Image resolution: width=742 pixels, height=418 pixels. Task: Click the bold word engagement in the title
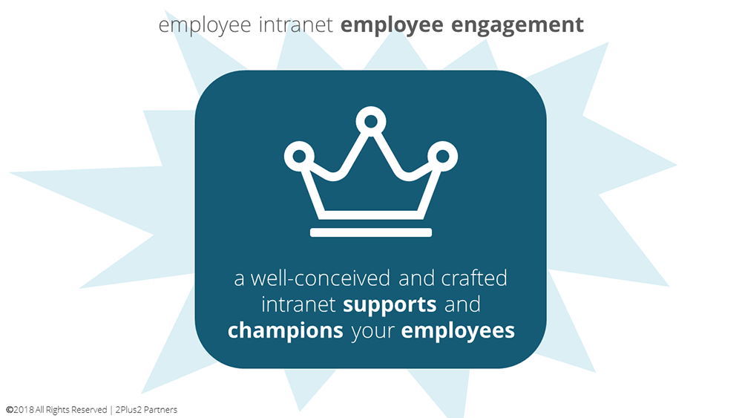517,25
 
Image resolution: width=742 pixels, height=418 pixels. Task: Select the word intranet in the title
296,25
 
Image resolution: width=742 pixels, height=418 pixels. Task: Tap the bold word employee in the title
392,25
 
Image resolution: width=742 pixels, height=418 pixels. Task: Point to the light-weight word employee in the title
205,25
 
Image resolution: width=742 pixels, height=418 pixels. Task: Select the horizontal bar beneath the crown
371,232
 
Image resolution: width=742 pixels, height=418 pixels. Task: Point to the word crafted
474,278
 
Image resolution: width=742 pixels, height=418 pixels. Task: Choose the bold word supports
390,305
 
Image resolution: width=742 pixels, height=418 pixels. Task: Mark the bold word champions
286,330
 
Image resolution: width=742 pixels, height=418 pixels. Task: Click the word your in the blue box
373,332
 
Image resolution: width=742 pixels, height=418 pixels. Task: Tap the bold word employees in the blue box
458,330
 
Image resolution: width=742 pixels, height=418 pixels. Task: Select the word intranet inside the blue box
298,304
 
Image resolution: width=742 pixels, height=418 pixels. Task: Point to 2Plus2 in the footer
128,410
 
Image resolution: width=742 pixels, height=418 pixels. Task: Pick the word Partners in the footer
160,410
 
